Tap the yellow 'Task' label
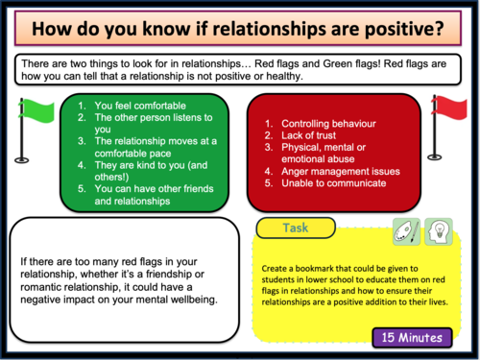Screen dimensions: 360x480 (295, 229)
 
